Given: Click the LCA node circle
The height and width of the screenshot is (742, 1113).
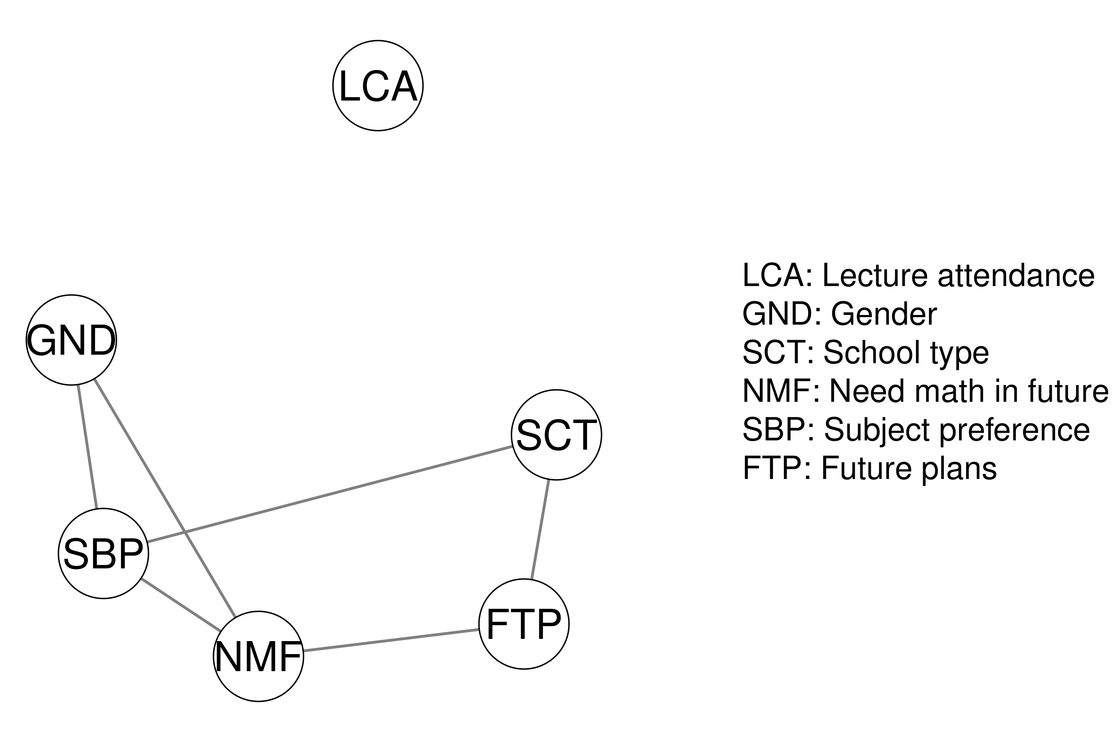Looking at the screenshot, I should coord(378,86).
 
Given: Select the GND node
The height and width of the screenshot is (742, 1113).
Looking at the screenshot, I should coord(71,340).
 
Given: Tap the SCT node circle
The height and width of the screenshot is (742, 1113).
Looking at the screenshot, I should coord(556,434).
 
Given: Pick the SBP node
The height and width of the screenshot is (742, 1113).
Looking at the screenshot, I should coord(103,553).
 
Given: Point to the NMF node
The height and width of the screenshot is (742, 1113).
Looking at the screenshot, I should coord(258,656).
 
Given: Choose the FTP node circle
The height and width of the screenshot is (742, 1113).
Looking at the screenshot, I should coord(523,624).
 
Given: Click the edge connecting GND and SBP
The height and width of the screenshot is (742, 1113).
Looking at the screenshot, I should coord(88,447).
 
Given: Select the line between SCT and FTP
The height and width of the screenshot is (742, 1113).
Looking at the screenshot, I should coord(540,529).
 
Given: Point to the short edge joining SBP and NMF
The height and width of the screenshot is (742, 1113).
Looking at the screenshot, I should coord(181,605).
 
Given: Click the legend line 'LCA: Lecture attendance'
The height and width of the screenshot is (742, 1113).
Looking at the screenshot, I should coord(918,275).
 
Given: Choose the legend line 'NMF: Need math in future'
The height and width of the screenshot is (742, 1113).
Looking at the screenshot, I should coord(925,391).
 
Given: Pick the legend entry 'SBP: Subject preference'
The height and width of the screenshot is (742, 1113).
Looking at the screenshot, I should coord(916,430).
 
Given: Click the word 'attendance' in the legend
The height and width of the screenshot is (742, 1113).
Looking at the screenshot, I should coord(1015,275).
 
